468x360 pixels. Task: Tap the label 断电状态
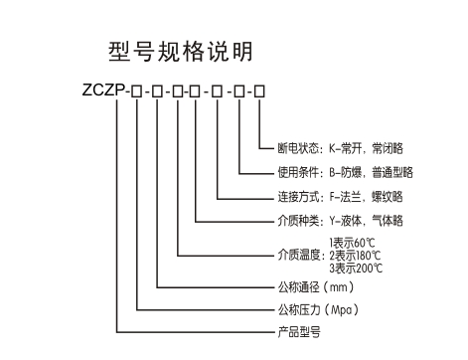[x=300, y=149]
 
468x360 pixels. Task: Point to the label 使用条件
[x=300, y=172]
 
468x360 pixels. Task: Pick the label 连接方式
[x=300, y=195]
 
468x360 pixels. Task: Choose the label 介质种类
[x=300, y=219]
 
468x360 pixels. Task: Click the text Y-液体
[x=345, y=219]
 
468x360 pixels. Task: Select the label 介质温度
[x=300, y=255]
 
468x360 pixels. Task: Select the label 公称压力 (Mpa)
[x=318, y=310]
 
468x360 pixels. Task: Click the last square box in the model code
[x=260, y=93]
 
